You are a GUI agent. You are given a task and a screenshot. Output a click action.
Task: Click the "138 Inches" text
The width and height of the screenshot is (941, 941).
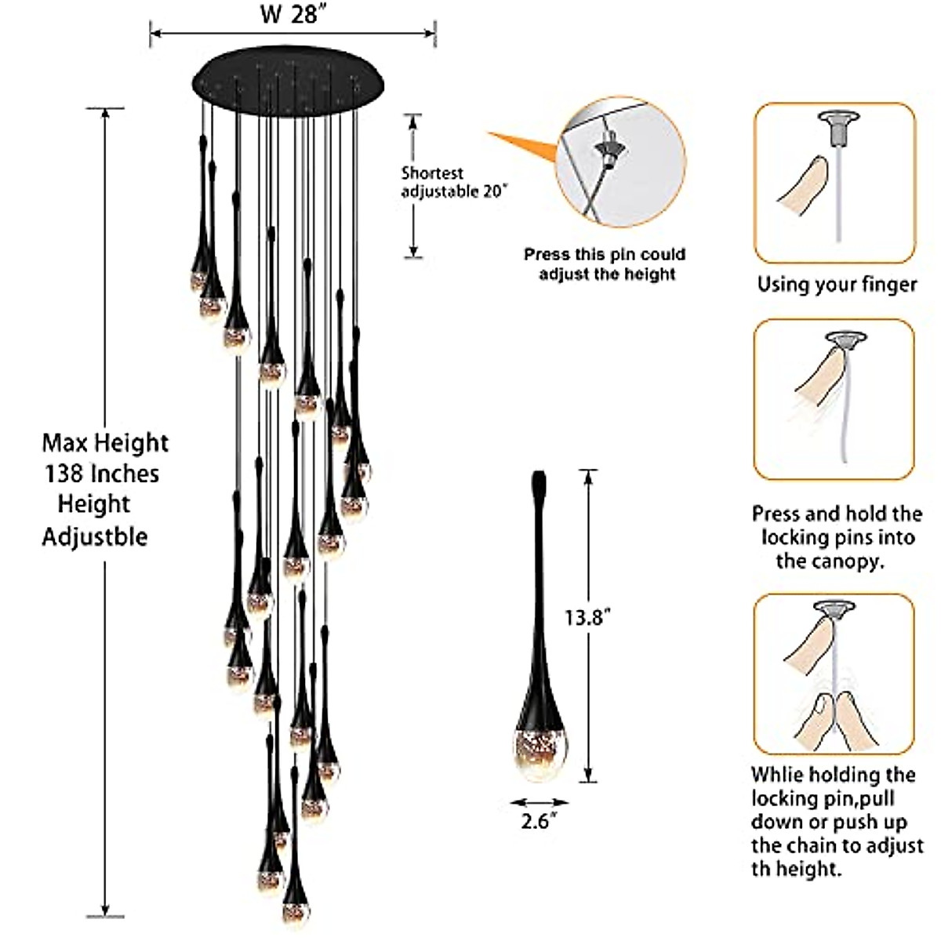(101, 474)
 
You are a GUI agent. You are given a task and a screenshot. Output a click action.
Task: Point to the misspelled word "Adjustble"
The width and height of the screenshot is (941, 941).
(94, 537)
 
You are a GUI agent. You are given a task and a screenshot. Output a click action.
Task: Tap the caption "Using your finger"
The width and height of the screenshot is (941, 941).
(837, 284)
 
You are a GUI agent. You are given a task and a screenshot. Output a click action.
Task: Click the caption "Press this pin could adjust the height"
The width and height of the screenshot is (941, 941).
(605, 264)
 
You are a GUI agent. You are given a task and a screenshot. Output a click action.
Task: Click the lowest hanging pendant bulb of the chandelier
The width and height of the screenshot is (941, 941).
(295, 910)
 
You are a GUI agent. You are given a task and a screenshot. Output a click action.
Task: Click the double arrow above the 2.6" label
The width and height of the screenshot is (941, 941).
(539, 802)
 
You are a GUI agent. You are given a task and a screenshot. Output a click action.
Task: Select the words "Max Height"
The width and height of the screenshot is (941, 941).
(105, 443)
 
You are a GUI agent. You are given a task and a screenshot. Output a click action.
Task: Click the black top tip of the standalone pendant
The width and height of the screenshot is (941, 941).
(540, 479)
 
